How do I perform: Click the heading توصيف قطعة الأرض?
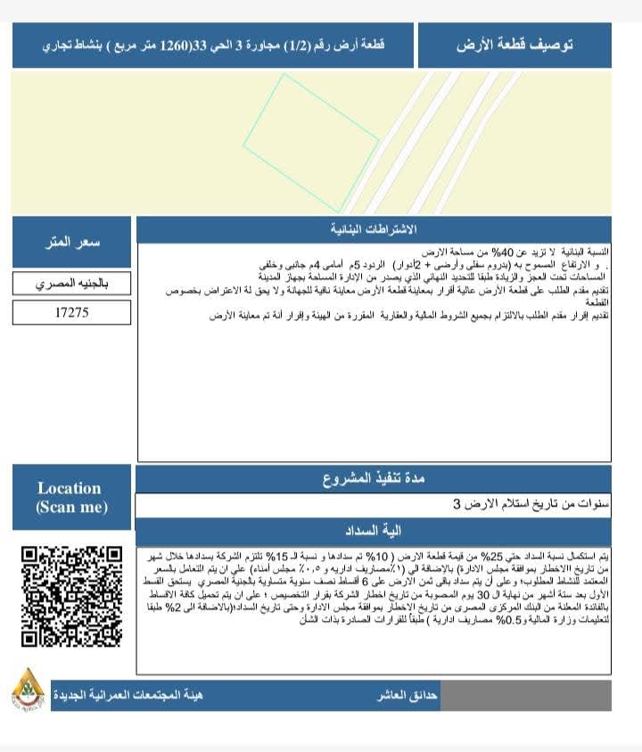[x=514, y=45]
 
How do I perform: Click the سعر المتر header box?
[x=72, y=242]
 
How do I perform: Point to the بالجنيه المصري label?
[x=71, y=285]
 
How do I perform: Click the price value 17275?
[x=71, y=313]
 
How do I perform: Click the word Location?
[x=70, y=488]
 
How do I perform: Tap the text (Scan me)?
[x=71, y=508]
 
